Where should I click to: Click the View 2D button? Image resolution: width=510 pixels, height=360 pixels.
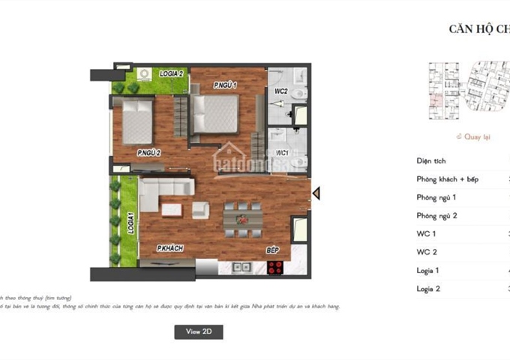198,331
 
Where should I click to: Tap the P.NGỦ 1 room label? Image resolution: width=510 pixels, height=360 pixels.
224,85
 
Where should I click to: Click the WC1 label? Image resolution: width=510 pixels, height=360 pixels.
283,153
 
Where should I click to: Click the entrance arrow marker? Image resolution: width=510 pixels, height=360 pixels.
316,193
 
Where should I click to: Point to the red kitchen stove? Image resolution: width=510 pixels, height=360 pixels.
274,267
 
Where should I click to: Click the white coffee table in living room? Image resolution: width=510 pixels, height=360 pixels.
171,209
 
